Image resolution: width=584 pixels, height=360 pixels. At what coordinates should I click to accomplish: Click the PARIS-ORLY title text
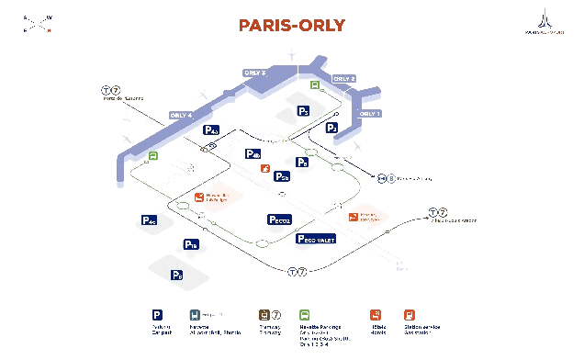click(291, 26)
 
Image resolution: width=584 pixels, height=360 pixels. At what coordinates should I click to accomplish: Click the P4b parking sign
click(253, 153)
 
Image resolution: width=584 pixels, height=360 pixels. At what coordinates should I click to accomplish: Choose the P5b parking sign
click(282, 176)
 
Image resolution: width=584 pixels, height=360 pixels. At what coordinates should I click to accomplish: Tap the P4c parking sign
click(149, 221)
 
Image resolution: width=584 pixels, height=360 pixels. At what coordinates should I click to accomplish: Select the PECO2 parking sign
click(279, 219)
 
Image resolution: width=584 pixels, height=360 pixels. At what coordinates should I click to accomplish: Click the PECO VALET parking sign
click(316, 239)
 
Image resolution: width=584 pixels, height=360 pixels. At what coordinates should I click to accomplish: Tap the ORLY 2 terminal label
click(343, 79)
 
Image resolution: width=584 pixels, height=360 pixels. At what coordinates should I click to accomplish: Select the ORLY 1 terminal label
click(370, 113)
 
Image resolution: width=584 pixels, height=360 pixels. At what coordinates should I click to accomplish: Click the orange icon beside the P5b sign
click(264, 169)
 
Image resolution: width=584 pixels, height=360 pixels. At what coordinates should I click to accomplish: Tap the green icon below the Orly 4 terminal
click(153, 156)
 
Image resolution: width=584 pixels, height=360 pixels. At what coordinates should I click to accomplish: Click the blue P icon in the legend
click(155, 314)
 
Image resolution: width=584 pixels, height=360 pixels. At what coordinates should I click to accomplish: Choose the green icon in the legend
click(304, 314)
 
